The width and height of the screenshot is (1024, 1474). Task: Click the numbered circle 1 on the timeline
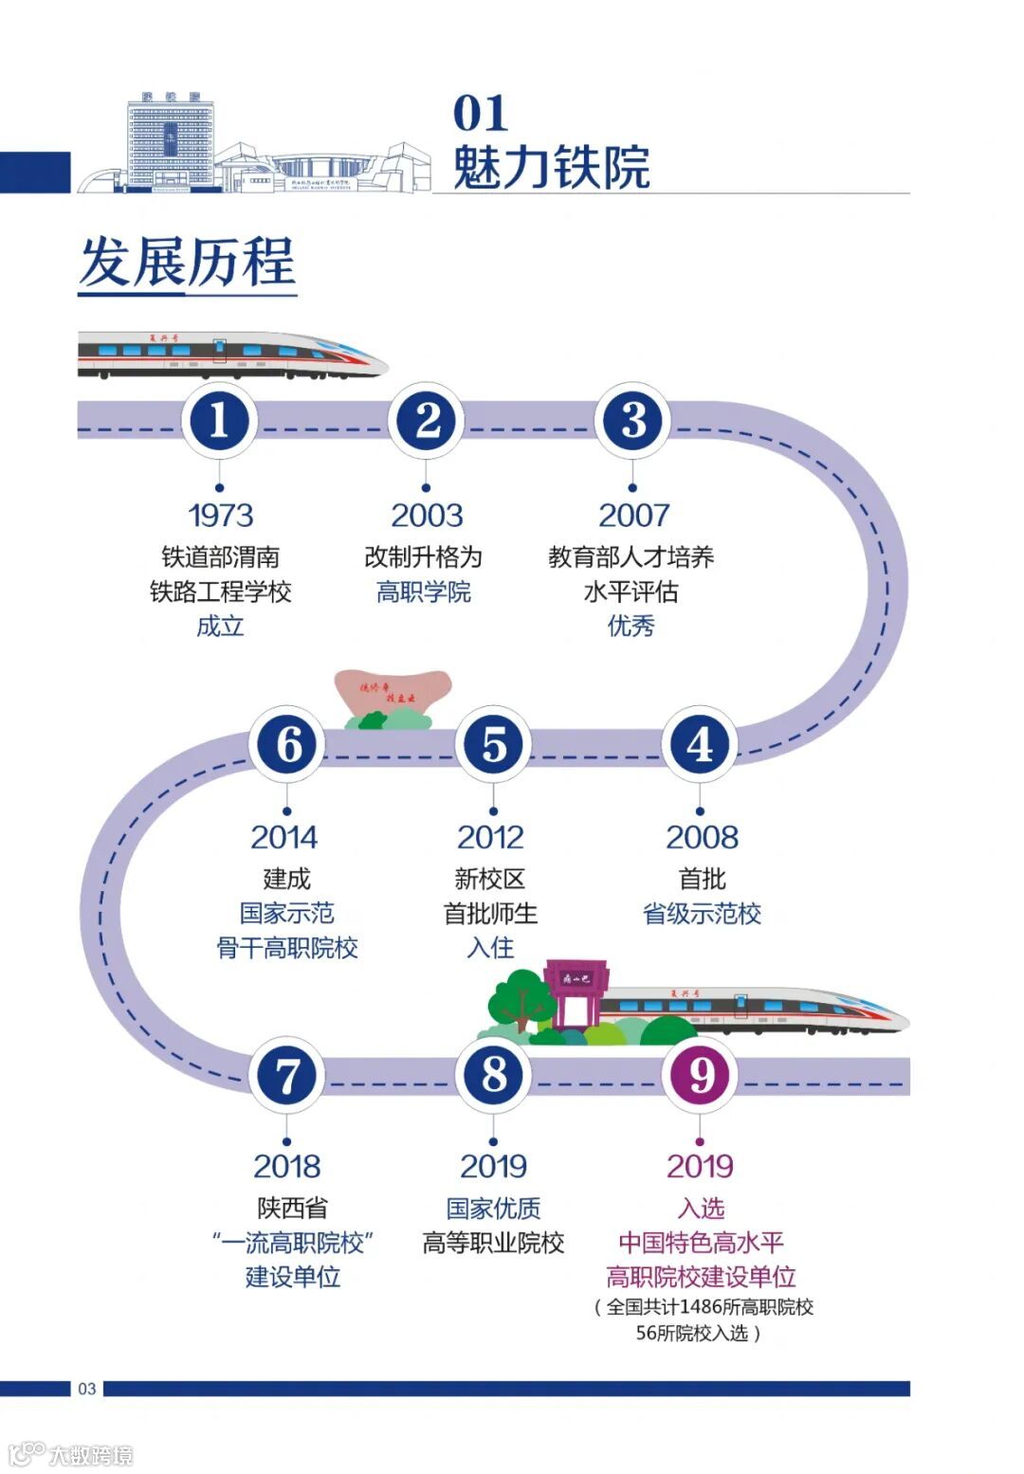219,421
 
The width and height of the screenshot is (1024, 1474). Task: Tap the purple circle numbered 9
701,1075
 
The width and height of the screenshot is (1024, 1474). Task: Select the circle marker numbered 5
493,744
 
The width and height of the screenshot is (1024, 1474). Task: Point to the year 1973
220,515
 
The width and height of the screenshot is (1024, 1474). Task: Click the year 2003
427,515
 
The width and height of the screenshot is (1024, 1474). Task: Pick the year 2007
633,515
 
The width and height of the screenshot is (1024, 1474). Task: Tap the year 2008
702,837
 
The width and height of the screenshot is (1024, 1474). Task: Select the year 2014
284,837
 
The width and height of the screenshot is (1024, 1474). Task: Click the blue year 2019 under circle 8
493,1166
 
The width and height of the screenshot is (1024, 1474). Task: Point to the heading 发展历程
188,262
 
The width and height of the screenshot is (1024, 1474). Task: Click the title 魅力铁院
551,167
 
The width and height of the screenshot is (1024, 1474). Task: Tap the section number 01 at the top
481,114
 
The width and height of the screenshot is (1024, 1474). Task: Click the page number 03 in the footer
87,1389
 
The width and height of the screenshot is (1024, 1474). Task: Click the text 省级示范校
702,914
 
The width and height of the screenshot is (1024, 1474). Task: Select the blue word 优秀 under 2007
631,626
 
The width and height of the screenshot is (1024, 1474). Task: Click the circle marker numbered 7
286,1075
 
